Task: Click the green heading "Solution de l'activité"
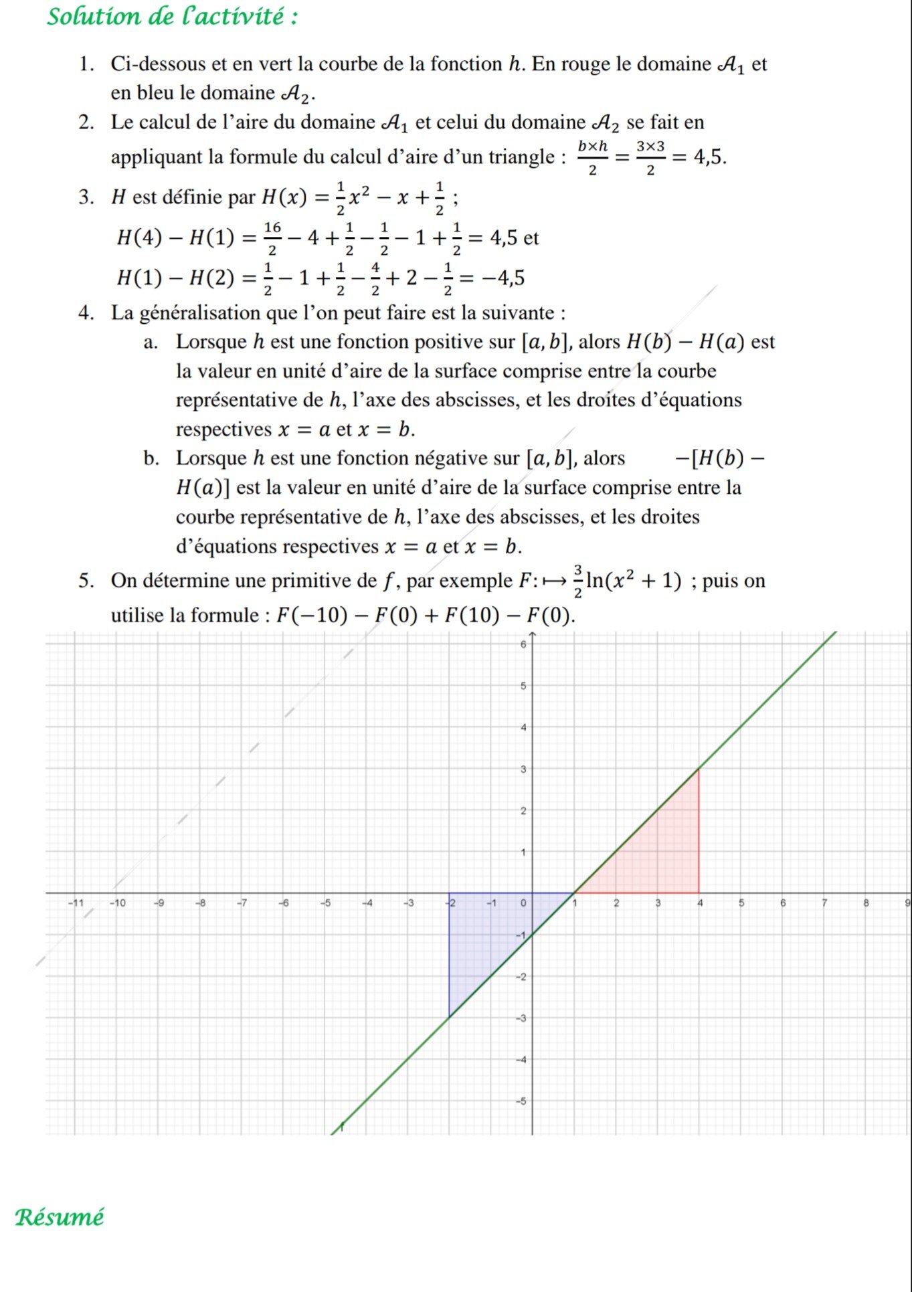(x=172, y=16)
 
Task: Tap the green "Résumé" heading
(x=60, y=1216)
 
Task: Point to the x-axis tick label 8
(x=865, y=903)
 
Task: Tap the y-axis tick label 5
(x=523, y=686)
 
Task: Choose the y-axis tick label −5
(x=521, y=1101)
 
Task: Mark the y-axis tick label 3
(x=523, y=769)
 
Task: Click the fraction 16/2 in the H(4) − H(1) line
(x=272, y=238)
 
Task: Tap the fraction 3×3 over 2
(x=650, y=157)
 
